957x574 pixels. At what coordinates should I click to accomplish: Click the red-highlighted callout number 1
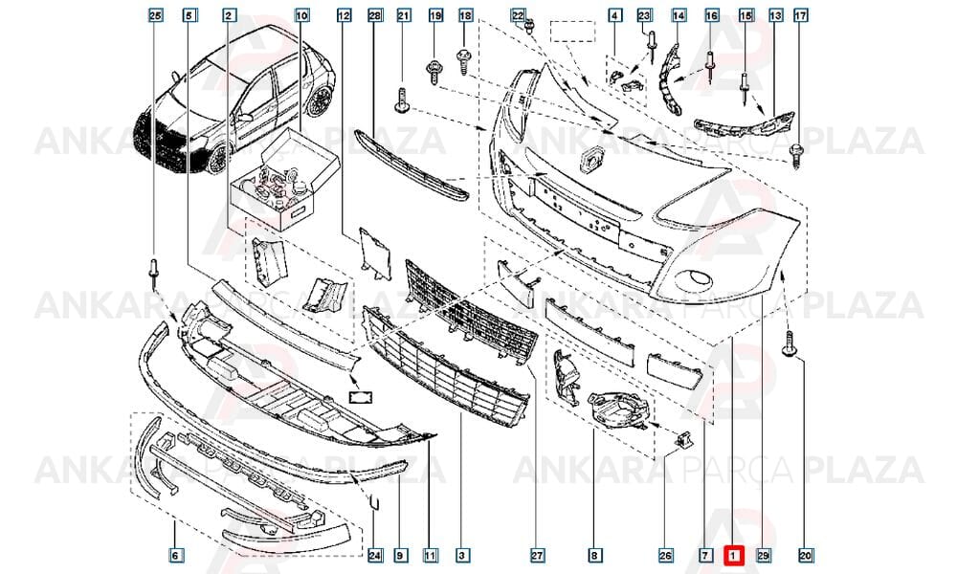[733, 555]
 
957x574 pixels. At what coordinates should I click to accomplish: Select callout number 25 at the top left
[156, 15]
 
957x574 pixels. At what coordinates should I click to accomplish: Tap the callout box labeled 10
[301, 15]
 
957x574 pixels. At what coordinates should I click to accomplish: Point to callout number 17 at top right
[800, 15]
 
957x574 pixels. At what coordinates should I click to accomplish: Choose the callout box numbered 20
[806, 555]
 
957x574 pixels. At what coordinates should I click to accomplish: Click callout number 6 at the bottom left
[174, 555]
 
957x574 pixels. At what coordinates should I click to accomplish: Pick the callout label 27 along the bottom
[537, 555]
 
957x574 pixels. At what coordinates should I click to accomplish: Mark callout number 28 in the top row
[375, 15]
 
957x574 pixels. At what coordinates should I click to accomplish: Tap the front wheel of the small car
[217, 159]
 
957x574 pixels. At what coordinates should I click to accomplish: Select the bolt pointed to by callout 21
[403, 100]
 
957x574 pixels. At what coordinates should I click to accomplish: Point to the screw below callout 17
[796, 156]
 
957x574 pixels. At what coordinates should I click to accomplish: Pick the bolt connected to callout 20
[789, 343]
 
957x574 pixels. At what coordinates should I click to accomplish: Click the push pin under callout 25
[154, 274]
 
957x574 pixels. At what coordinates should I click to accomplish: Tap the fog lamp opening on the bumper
[694, 278]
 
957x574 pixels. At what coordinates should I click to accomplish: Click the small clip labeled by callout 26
[683, 438]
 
